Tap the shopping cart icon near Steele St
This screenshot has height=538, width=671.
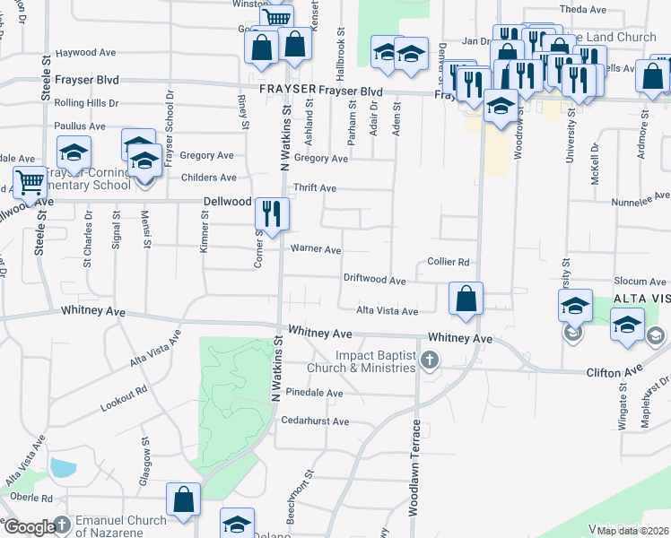click(30, 183)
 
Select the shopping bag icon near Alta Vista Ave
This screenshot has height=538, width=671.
click(466, 299)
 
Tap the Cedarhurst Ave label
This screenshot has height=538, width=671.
click(315, 421)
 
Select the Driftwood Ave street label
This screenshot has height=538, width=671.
click(375, 280)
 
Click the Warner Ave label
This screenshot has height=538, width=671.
click(315, 249)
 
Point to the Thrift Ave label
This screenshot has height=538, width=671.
click(315, 188)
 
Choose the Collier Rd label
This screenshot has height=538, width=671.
click(449, 262)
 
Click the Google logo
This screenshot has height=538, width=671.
click(29, 527)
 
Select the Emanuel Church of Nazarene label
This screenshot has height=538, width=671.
click(121, 525)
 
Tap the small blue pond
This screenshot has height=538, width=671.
click(63, 468)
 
